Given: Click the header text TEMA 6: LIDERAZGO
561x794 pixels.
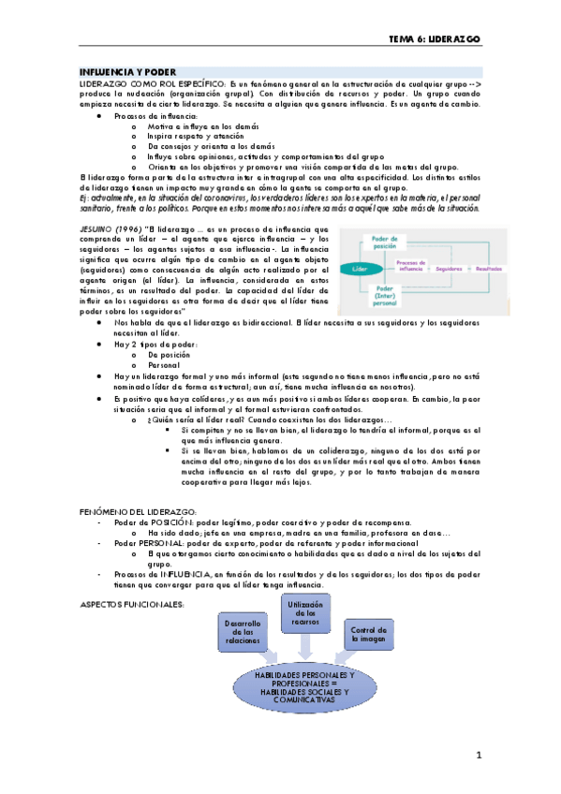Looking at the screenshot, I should [x=435, y=40].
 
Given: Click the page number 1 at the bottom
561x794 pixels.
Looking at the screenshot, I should [x=478, y=754].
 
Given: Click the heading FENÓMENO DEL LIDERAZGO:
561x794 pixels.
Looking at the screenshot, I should [x=139, y=511].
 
